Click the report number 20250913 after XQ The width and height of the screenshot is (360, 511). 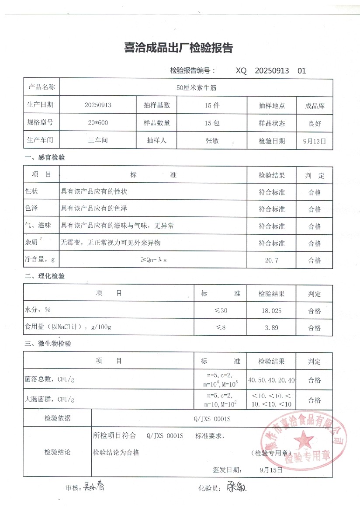coord(272,71)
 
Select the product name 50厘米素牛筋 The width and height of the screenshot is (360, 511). coord(196,87)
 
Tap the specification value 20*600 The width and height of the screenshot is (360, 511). coord(98,123)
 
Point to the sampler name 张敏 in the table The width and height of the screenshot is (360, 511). coord(212,141)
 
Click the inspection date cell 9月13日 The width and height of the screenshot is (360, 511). coord(314,141)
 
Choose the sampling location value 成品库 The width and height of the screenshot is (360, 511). coord(315,106)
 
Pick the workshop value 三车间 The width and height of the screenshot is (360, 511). coord(97,141)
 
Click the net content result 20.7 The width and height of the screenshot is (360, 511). coord(271,260)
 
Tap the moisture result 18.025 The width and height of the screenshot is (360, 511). coord(271,311)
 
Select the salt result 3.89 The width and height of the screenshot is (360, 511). coord(271,327)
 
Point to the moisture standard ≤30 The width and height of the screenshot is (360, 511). coord(220,311)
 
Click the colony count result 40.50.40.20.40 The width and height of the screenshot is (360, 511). coord(271,380)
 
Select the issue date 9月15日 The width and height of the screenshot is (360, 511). coord(271,470)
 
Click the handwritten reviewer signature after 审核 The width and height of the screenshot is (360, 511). coord(94,486)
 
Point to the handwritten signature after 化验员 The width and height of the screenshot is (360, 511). coord(237,487)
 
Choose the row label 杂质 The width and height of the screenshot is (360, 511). coord(32,243)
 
